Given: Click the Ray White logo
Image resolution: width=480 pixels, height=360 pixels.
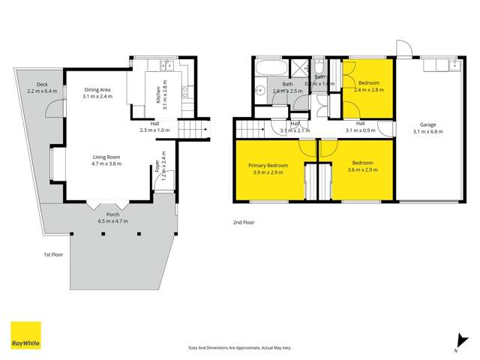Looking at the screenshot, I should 25,336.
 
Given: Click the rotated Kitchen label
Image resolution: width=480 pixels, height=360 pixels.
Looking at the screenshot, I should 159,93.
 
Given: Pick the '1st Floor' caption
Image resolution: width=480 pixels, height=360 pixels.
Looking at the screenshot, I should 52,255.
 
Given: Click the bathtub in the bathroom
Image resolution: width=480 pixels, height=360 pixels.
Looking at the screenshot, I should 270,69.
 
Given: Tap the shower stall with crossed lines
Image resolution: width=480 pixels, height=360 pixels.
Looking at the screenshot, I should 299,67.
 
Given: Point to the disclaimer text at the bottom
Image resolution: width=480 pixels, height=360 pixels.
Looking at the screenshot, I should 240,347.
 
